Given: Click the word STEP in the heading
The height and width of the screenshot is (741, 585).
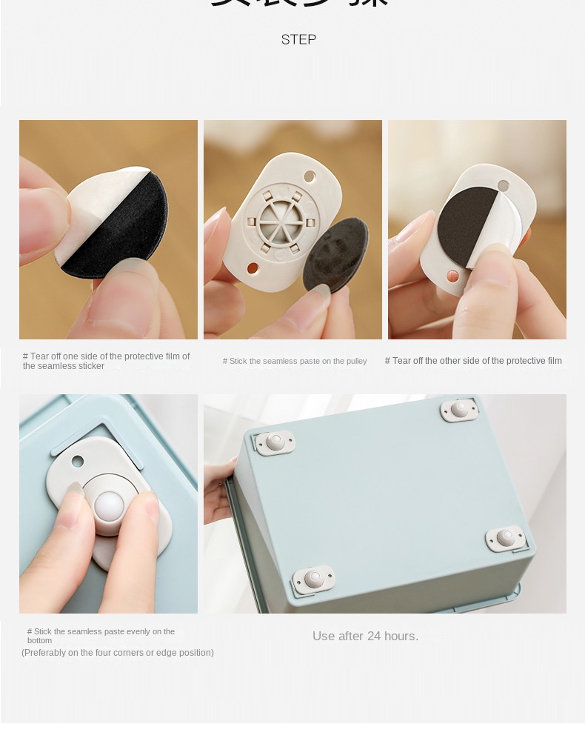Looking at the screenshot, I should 298,39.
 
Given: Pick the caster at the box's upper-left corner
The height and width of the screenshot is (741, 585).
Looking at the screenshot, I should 275,442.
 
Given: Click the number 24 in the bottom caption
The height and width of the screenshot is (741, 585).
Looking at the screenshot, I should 374,636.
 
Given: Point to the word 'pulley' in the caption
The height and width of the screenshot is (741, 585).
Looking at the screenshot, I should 355,362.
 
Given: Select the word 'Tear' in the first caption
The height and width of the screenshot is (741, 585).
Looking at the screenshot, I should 39,356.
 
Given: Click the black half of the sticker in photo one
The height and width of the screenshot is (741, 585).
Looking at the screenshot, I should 118,237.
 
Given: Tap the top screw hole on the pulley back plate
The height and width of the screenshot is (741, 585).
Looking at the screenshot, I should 310,176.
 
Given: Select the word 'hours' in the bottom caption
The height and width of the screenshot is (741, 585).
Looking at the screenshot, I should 401,636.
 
